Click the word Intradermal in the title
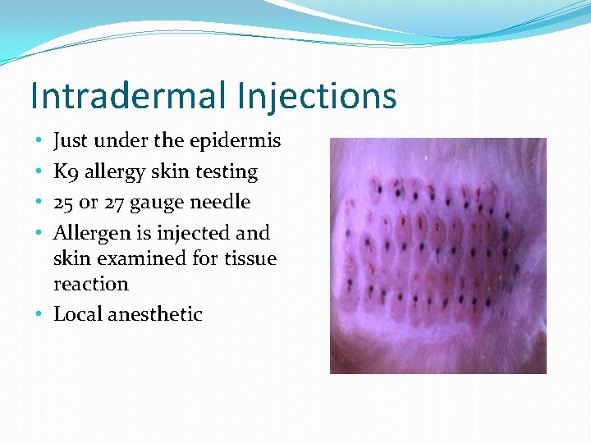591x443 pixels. click(128, 96)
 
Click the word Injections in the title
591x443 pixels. click(316, 96)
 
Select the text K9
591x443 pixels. click(65, 172)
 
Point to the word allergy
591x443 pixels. click(114, 172)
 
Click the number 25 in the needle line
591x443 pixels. click(64, 202)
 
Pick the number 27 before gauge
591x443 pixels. click(115, 202)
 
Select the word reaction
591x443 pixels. click(91, 284)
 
